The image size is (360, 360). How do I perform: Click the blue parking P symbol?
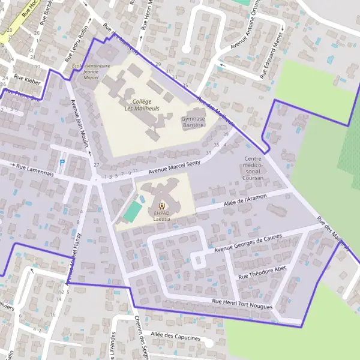[x=61, y=163]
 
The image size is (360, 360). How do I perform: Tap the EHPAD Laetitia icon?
[x=160, y=205]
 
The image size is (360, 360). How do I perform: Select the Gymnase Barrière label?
[x=193, y=122]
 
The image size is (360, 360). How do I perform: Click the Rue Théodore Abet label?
[x=263, y=272]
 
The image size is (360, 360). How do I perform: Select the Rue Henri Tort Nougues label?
[x=242, y=304]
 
